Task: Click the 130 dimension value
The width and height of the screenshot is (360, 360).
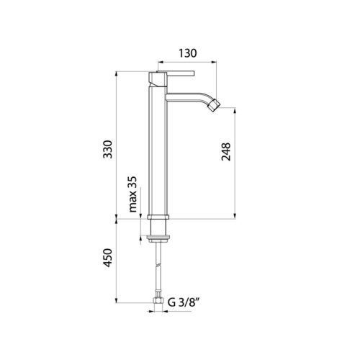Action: point(187,53)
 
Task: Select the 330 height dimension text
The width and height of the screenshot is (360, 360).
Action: point(107,149)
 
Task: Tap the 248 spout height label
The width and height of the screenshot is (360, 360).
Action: point(226,152)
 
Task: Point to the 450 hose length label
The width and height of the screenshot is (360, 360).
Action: point(107,258)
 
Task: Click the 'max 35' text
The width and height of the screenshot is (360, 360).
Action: point(132,194)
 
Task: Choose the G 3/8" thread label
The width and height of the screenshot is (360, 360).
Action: point(184,302)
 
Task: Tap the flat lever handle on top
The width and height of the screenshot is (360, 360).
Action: point(176,73)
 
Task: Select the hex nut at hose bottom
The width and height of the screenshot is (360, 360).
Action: point(158,300)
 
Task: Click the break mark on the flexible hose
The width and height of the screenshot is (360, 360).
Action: point(158,265)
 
